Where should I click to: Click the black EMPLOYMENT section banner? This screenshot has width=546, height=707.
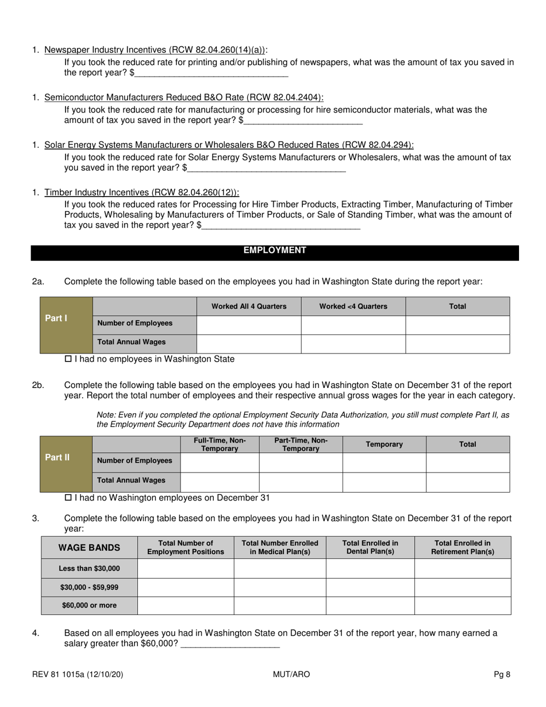[275, 251]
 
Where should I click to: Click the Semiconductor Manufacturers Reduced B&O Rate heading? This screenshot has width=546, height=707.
[183, 98]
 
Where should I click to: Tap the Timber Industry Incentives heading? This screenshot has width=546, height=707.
[141, 193]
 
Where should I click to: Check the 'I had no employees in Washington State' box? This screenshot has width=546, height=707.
[68, 359]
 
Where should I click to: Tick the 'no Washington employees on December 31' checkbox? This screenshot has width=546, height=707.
[68, 498]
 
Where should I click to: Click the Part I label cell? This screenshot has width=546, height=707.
[66, 325]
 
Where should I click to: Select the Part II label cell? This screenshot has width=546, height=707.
[66, 464]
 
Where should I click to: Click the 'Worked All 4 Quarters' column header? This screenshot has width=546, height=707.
[249, 306]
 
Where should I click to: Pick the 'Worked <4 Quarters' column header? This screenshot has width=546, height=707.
[353, 306]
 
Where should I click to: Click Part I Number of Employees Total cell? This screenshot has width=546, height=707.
[457, 325]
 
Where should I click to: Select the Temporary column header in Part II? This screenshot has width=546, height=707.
[384, 444]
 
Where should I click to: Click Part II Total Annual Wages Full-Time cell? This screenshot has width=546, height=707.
[220, 482]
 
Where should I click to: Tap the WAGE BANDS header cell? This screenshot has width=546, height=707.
[89, 548]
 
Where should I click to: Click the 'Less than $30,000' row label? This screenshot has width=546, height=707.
[89, 568]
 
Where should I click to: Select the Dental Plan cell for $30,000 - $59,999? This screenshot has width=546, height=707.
[370, 587]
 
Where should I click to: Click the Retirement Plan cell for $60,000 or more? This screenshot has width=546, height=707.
[462, 606]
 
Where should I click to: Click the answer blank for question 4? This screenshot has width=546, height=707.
[230, 644]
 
